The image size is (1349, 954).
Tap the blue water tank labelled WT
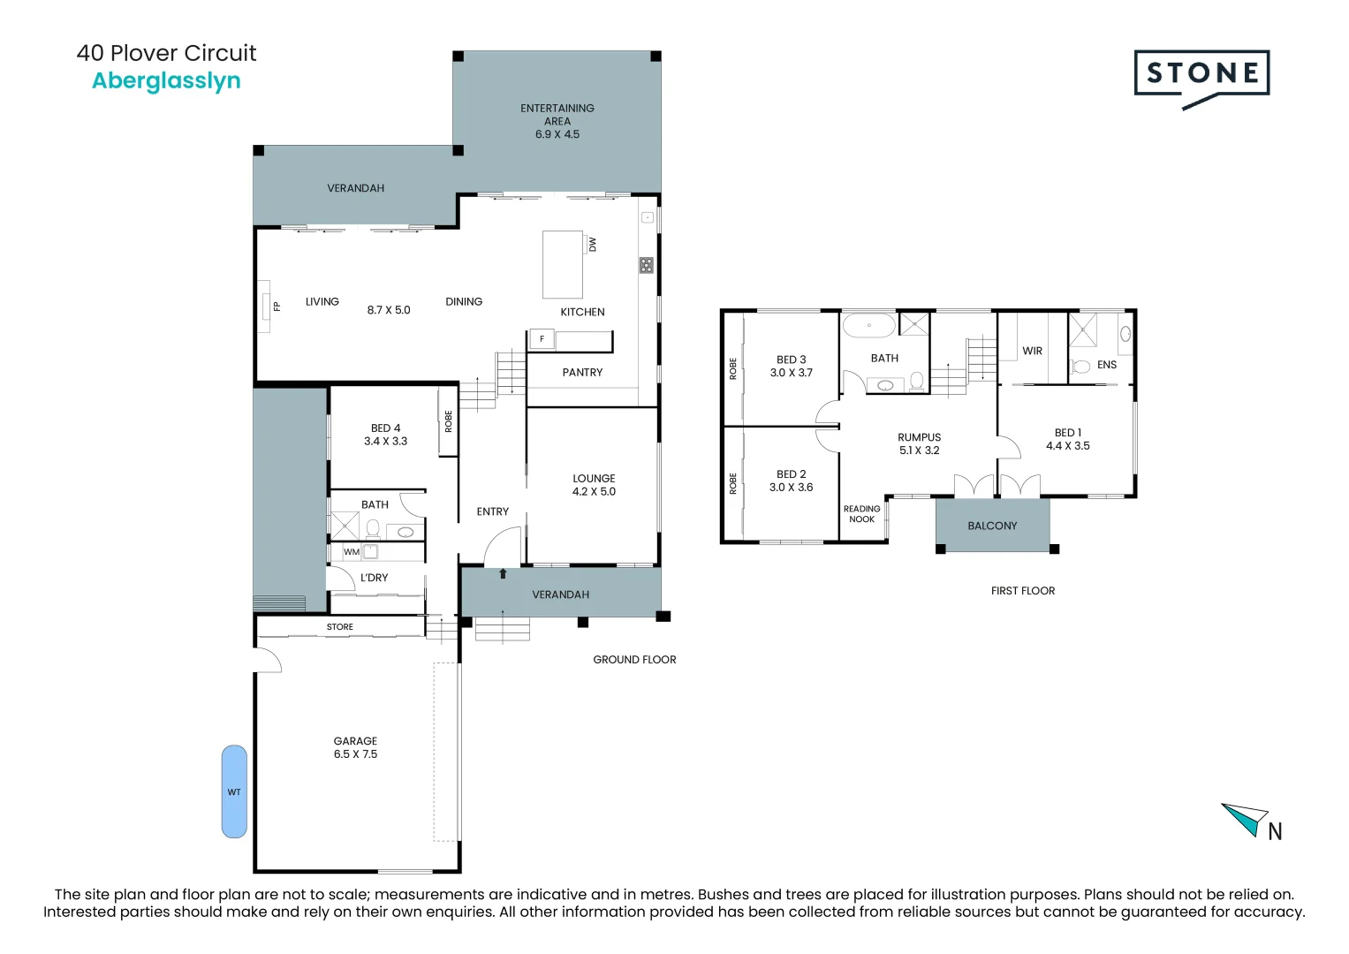coord(234,791)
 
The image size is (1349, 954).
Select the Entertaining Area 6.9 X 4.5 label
coord(557,121)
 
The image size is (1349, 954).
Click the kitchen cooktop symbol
coord(647,264)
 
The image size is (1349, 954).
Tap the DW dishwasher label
coord(593,244)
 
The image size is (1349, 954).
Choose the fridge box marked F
coord(542,339)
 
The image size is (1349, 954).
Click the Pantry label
coord(582,373)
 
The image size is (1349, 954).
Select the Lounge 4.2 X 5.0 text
coord(594,485)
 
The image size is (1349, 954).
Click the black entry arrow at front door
coord(503,573)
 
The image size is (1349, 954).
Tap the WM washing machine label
coord(352,552)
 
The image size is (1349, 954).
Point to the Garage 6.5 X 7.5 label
coord(355,747)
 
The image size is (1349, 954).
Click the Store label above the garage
coord(340,627)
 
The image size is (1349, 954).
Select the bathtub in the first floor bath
coord(869,326)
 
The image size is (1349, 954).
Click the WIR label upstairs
coord(1032,351)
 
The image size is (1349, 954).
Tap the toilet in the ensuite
coord(1080,367)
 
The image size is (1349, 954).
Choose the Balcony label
coord(992,526)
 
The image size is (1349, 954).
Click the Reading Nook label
coord(861,514)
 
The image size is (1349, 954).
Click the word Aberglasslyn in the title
coord(166,80)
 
